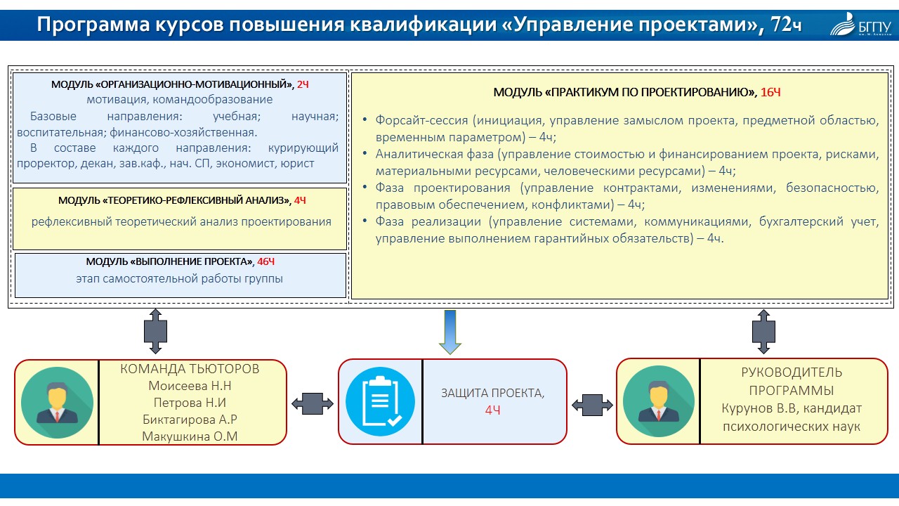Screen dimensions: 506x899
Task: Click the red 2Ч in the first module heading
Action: [303, 84]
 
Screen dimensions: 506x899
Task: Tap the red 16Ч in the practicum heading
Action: [770, 93]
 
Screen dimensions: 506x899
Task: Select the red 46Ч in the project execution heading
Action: [265, 261]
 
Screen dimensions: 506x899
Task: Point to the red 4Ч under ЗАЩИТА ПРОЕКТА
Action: [492, 410]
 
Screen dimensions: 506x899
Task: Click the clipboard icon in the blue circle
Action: [380, 402]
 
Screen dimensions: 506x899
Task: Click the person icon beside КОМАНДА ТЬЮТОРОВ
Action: [57, 402]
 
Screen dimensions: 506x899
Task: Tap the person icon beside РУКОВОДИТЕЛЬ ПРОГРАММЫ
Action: [658, 402]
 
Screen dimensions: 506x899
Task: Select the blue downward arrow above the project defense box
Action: [449, 332]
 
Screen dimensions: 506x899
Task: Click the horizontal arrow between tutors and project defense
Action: [313, 403]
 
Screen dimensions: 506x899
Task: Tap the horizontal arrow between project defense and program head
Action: [591, 404]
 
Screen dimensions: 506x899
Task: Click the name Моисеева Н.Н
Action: [190, 386]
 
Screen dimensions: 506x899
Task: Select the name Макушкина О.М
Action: [190, 436]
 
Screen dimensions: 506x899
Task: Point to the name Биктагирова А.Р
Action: [190, 420]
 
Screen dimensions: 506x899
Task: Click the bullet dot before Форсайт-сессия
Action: [365, 120]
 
